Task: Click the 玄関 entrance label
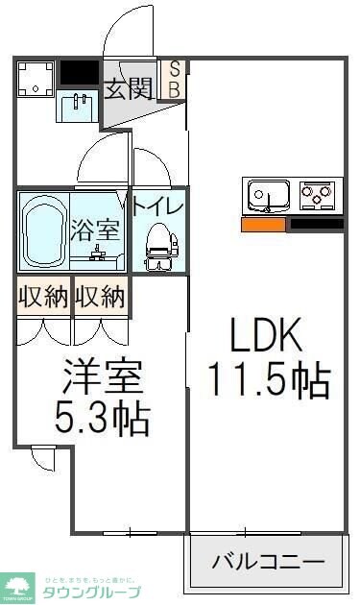[x=129, y=89]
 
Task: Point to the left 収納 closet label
[x=42, y=296]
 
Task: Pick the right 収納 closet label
[x=101, y=296]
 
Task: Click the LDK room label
[x=265, y=337]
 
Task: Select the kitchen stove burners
[x=319, y=196]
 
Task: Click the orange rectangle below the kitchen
[x=264, y=225]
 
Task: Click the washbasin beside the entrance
[x=79, y=108]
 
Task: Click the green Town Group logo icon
[x=19, y=586]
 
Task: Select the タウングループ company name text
[x=92, y=592]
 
